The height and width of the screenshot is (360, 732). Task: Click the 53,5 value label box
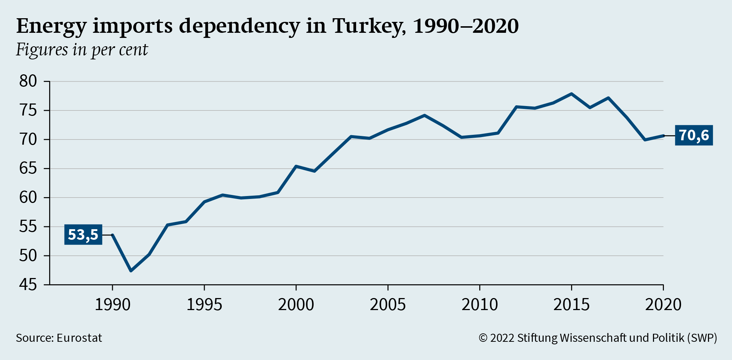click(x=83, y=235)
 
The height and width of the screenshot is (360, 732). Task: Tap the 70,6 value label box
click(x=694, y=135)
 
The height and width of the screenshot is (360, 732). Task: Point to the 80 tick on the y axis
click(x=28, y=81)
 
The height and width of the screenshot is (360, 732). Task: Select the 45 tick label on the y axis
click(x=28, y=285)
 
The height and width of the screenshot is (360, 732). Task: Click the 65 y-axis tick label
click(x=28, y=168)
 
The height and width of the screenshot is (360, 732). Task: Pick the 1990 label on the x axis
click(x=112, y=305)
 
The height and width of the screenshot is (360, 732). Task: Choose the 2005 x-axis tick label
click(x=387, y=305)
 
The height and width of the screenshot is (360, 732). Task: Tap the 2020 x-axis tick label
click(x=663, y=305)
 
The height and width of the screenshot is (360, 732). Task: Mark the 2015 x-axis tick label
click(x=571, y=305)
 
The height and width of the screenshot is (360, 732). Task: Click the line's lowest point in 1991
click(x=131, y=271)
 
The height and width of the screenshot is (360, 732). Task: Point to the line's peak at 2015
click(x=571, y=94)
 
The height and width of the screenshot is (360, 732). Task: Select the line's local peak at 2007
click(x=424, y=115)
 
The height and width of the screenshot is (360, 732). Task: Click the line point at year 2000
click(x=296, y=166)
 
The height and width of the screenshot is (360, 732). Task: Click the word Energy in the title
click(x=51, y=26)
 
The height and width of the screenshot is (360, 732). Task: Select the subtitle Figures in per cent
click(x=82, y=50)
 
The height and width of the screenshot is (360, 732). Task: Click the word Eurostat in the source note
click(x=79, y=338)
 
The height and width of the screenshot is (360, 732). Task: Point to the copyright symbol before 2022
click(x=483, y=338)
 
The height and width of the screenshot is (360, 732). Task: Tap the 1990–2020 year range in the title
click(x=466, y=26)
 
